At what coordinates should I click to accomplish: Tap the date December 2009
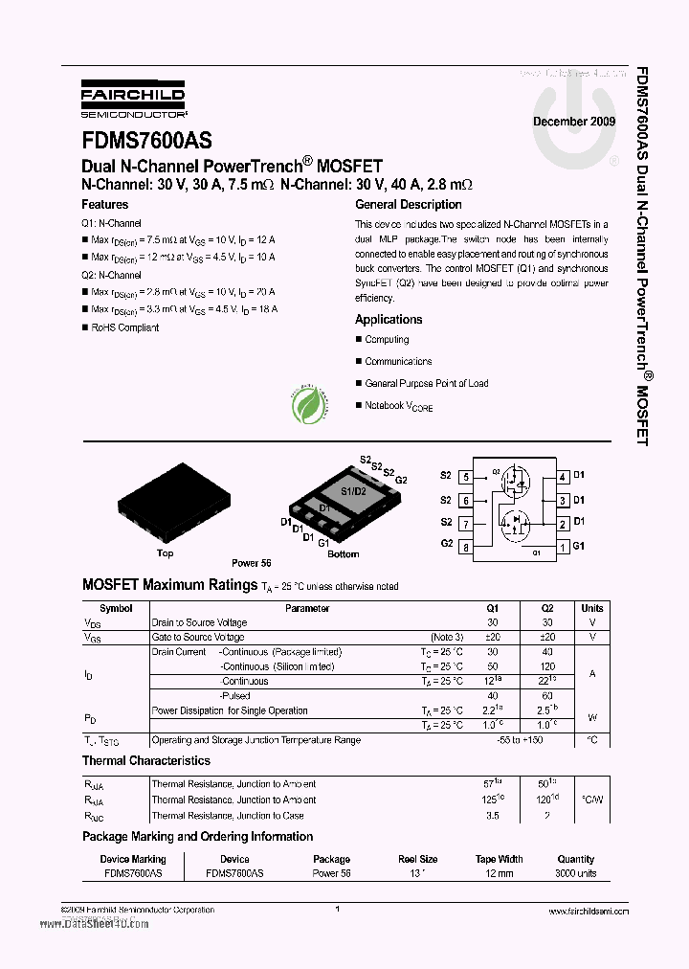click(x=574, y=123)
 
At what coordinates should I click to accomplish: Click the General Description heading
click(x=408, y=205)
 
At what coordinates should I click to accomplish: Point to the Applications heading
click(x=389, y=320)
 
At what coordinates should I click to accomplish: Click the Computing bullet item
click(x=387, y=340)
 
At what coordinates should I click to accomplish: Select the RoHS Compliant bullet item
click(x=124, y=327)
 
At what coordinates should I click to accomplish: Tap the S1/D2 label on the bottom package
click(x=353, y=491)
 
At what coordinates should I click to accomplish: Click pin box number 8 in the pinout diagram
click(x=466, y=548)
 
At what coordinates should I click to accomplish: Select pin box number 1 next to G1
click(x=564, y=548)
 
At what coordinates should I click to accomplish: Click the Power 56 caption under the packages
click(x=252, y=564)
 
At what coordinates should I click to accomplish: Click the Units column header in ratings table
click(x=592, y=608)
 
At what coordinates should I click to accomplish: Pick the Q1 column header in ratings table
click(x=493, y=608)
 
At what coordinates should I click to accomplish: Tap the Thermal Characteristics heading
click(x=146, y=761)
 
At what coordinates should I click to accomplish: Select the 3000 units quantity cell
click(x=575, y=874)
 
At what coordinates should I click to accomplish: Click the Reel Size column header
click(x=416, y=859)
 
